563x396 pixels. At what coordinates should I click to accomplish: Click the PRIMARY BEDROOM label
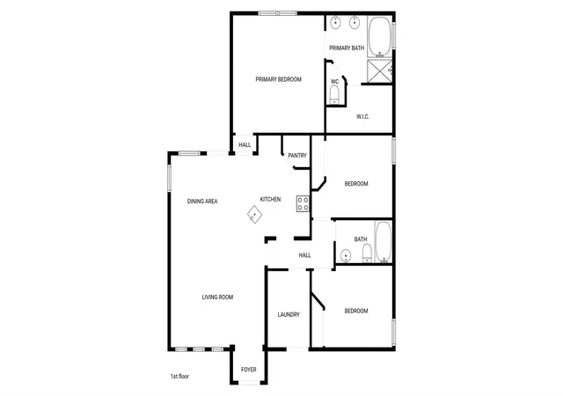(x=278, y=79)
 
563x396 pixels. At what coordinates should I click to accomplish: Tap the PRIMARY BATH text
(x=347, y=48)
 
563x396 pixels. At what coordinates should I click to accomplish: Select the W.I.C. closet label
(x=362, y=116)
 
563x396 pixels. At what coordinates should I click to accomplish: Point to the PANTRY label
(x=297, y=155)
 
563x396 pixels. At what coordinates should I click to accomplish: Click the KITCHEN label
(x=270, y=199)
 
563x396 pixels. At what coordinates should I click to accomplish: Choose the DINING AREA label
(x=202, y=202)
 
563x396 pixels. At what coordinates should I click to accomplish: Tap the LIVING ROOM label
(x=217, y=297)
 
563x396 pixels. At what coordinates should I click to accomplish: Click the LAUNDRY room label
(x=289, y=315)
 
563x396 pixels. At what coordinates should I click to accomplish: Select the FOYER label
(x=249, y=370)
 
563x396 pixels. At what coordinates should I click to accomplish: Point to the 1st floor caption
(x=179, y=377)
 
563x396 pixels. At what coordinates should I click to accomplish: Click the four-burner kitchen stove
(x=303, y=203)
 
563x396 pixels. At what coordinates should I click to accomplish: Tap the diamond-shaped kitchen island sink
(x=254, y=214)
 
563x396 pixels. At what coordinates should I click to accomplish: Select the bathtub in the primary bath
(x=379, y=36)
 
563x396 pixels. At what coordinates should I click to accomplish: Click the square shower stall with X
(x=379, y=71)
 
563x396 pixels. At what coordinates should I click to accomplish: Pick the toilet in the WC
(x=334, y=95)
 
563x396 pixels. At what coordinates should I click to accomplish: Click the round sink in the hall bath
(x=346, y=255)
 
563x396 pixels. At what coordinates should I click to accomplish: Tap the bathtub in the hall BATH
(x=384, y=242)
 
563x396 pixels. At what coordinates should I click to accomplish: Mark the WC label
(x=334, y=82)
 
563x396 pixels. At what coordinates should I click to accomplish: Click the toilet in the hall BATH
(x=367, y=253)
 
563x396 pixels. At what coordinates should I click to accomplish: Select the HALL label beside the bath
(x=305, y=255)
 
